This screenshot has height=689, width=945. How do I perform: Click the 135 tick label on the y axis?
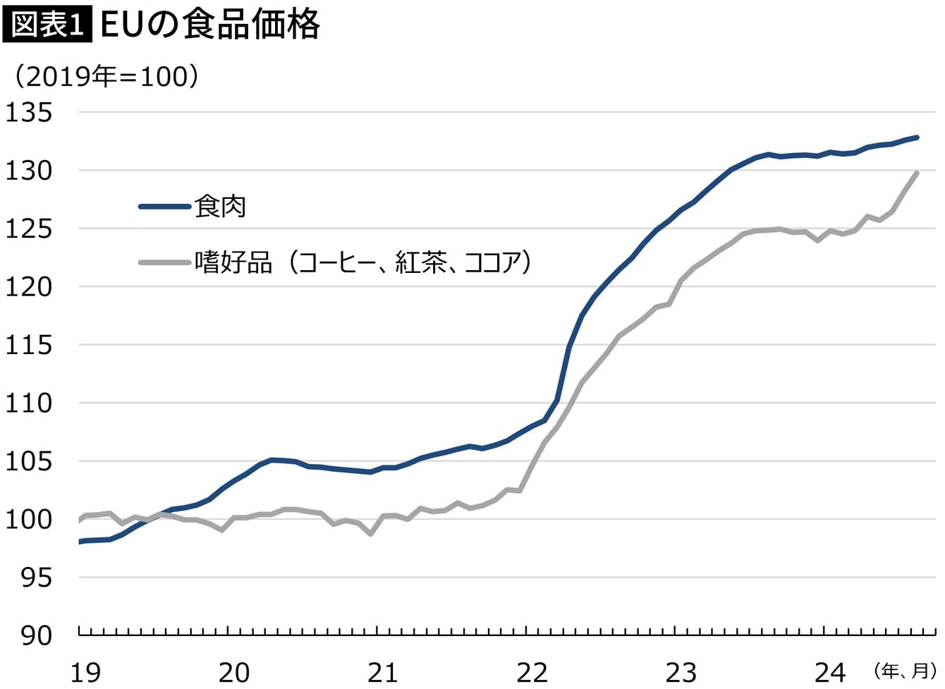(29, 113)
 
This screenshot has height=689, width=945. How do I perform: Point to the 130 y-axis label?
(29, 171)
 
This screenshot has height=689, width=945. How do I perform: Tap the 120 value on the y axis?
(29, 287)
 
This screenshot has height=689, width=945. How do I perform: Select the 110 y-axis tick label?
(29, 403)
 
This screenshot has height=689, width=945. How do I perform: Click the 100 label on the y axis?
(29, 520)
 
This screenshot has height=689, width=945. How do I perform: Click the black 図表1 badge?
(47, 25)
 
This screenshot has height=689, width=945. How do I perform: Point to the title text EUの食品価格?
(210, 25)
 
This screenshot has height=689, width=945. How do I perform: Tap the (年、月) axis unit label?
(905, 670)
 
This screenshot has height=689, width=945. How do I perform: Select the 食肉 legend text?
(220, 207)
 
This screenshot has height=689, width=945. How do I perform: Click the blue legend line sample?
(164, 207)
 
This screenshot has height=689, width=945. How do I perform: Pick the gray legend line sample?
(164, 263)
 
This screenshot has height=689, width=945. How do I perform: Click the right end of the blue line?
(917, 137)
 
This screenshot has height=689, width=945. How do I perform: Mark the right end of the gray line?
(917, 173)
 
